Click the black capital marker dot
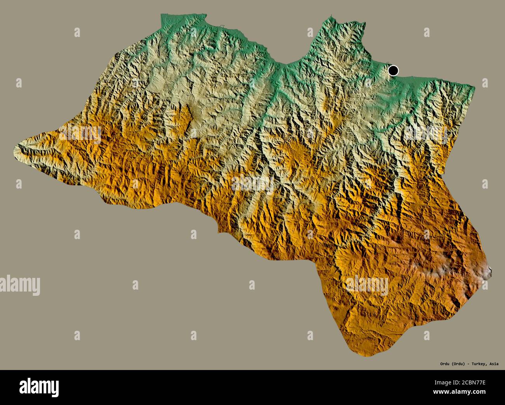pyautogui.click(x=393, y=71)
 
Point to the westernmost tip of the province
pyautogui.click(x=16, y=150)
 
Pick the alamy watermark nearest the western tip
pyautogui.click(x=80, y=134)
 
